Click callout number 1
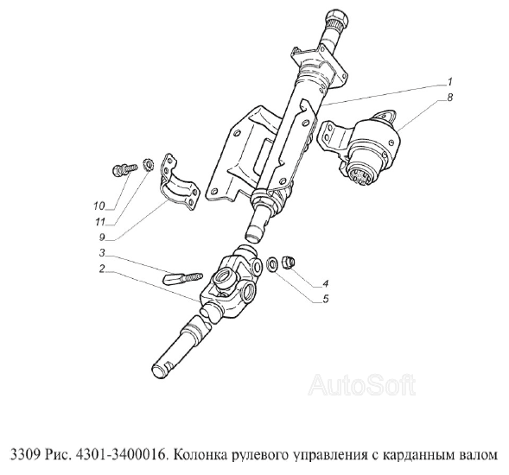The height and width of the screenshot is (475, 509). point(449,81)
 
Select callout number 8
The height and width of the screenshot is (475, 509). point(449,98)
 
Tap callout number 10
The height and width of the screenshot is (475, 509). point(99,206)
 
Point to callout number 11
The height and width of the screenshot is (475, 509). point(100,222)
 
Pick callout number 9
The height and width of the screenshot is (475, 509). point(102,237)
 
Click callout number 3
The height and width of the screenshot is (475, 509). point(102,252)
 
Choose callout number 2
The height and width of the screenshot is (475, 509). point(102,269)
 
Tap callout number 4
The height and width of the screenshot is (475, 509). point(326,283)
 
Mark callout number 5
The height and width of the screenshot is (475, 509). point(326,299)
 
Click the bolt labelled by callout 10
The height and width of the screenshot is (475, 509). point(124,170)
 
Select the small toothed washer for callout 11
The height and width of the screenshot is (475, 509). point(148,164)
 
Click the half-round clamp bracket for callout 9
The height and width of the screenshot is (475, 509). point(179,182)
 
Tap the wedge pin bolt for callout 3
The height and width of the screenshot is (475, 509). point(182,279)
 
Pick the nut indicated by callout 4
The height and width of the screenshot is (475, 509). point(288,261)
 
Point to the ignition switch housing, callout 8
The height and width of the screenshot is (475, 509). point(364,146)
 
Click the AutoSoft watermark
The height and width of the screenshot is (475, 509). point(361,385)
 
